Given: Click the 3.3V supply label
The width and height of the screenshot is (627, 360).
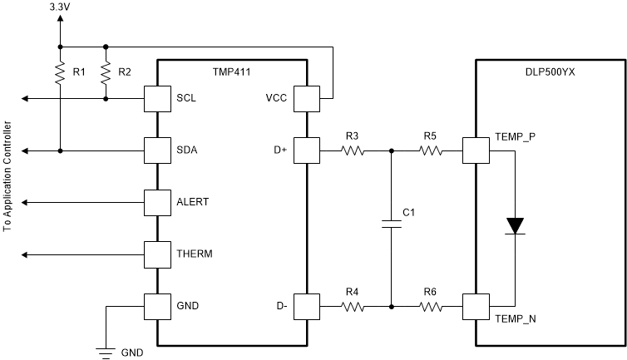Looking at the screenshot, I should pyautogui.click(x=60, y=7).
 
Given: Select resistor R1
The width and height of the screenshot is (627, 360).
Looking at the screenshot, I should pyautogui.click(x=60, y=73).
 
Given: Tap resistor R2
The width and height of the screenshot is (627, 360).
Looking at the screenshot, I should pyautogui.click(x=105, y=73).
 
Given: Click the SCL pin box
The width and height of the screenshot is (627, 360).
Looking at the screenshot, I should pyautogui.click(x=157, y=99).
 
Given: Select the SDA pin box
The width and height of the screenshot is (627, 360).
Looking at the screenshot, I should pyautogui.click(x=157, y=150).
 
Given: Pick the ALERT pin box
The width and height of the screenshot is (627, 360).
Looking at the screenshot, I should pyautogui.click(x=157, y=202).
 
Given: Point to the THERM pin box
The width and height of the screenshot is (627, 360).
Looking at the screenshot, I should pyautogui.click(x=157, y=254).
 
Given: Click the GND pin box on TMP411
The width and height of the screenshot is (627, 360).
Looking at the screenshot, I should pyautogui.click(x=157, y=305).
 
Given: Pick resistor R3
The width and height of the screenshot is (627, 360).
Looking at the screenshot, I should pyautogui.click(x=353, y=150).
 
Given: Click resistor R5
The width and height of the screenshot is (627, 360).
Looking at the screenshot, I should pyautogui.click(x=430, y=150).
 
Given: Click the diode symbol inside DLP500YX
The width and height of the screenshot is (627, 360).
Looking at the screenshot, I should pyautogui.click(x=516, y=225).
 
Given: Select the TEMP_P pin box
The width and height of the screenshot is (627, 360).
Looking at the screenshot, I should pyautogui.click(x=475, y=150).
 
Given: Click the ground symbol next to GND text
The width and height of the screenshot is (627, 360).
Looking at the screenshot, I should pyautogui.click(x=106, y=353).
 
